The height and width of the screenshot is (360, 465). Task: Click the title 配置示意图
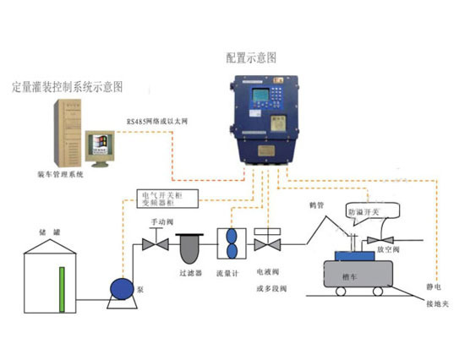pyautogui.click(x=251, y=57)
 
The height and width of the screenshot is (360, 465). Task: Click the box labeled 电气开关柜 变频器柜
pyautogui.click(x=167, y=199)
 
